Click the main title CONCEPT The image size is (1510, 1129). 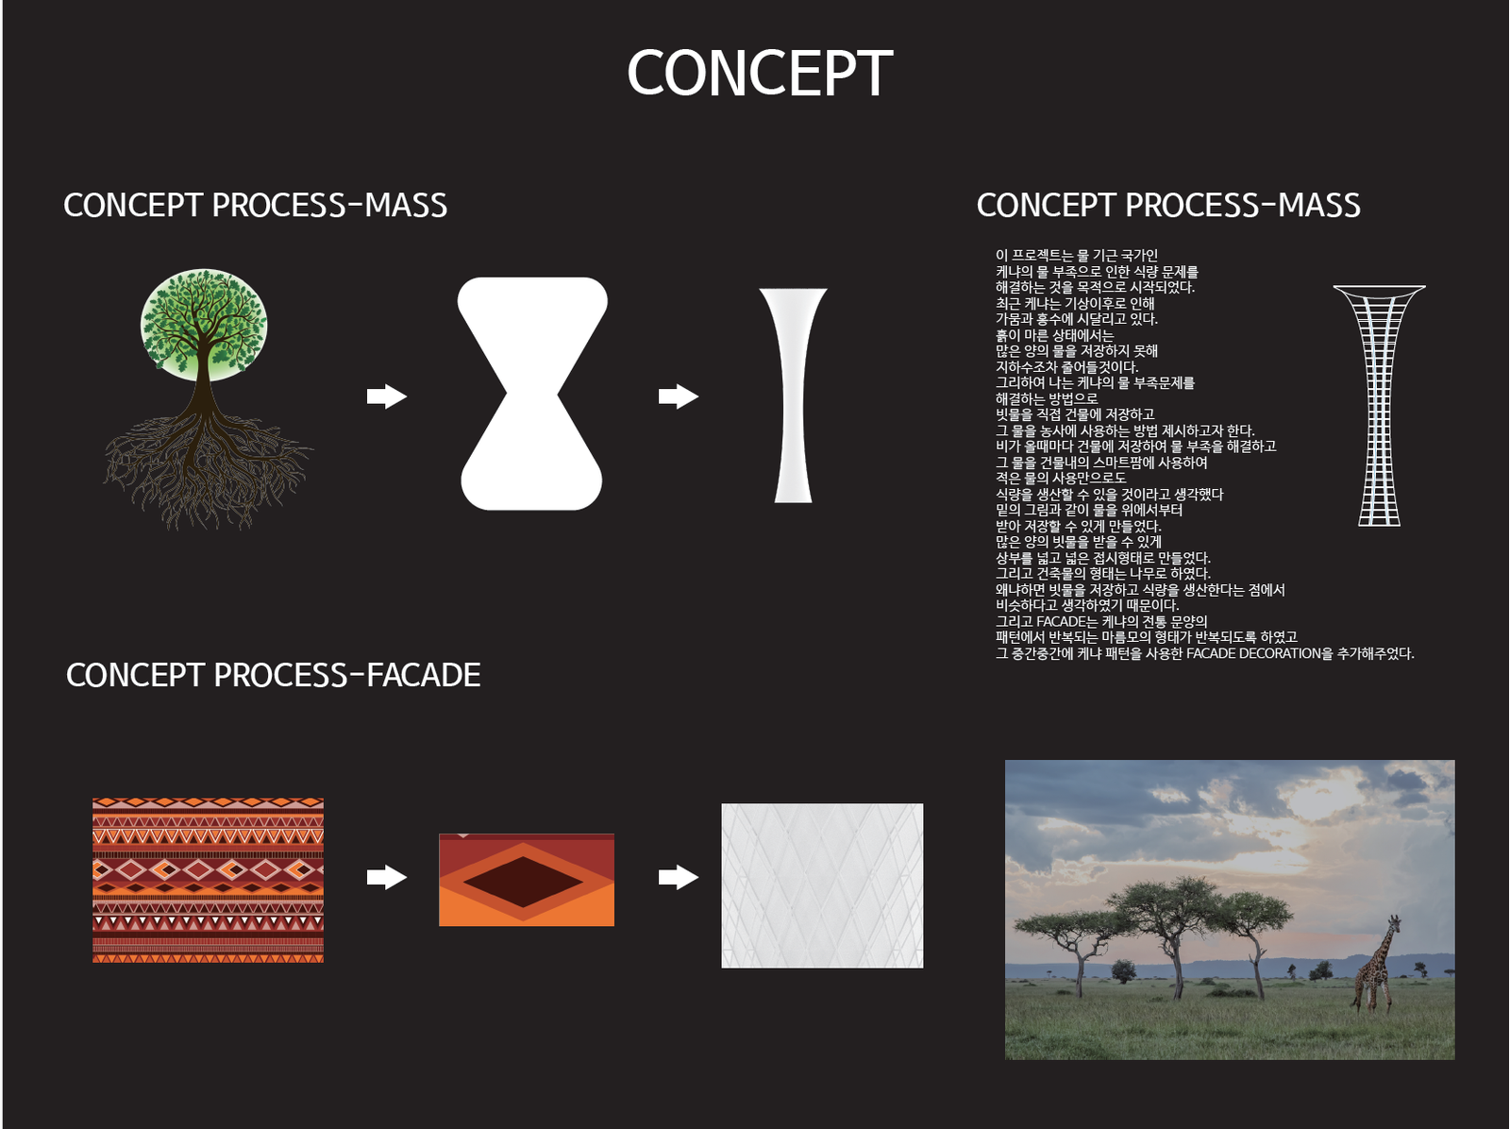click(760, 73)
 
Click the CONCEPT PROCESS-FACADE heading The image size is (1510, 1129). click(273, 675)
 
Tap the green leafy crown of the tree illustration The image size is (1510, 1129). click(204, 324)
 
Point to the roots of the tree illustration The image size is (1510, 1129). click(207, 468)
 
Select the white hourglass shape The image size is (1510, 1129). click(531, 394)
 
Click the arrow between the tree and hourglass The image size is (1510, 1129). click(387, 396)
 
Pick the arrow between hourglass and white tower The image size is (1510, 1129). click(679, 396)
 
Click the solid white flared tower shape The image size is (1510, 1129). click(793, 396)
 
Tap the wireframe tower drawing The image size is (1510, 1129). click(1380, 406)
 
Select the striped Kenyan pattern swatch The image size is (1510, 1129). click(208, 880)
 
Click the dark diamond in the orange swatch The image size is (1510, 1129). click(523, 882)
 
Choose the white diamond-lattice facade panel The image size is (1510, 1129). click(822, 885)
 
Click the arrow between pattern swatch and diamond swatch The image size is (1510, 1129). click(387, 877)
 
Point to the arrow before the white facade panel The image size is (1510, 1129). click(679, 877)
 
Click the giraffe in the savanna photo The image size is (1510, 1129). click(1377, 963)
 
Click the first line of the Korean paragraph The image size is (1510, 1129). click(1077, 255)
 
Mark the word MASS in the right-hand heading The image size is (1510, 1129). click(1318, 205)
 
